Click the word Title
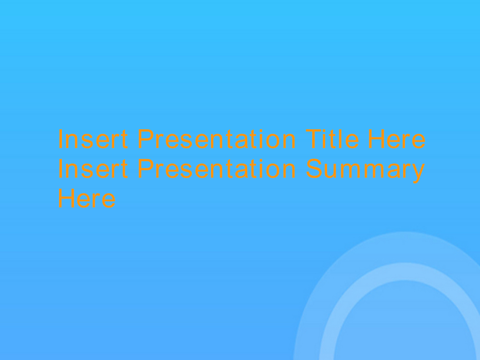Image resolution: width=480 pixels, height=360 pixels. click(332, 139)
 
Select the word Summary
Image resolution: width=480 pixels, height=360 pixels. click(366, 170)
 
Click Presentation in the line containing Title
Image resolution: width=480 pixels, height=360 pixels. click(217, 139)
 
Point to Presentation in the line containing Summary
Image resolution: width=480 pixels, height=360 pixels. click(217, 168)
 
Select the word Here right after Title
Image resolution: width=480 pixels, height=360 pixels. click(397, 139)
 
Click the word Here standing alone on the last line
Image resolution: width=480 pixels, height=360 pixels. click(87, 198)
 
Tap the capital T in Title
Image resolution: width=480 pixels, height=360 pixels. click(314, 139)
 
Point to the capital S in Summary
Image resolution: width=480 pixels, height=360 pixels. click(315, 168)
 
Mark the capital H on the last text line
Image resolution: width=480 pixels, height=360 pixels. click(66, 198)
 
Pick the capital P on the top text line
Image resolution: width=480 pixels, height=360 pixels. click(146, 139)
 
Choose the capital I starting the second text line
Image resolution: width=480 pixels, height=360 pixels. click(60, 168)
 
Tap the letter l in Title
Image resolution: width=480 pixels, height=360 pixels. click(340, 139)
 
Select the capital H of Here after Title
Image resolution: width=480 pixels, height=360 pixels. click(376, 139)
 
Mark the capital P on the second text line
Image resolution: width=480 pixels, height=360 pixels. click(146, 168)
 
